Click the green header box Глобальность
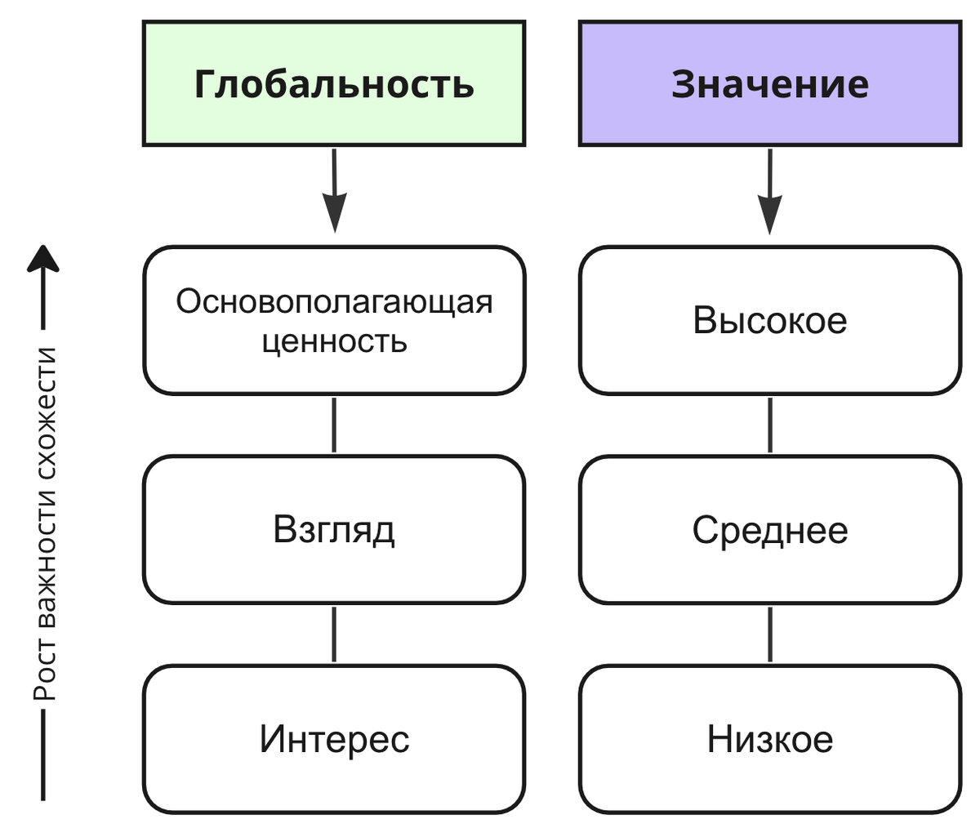(x=334, y=84)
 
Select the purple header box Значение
(x=770, y=84)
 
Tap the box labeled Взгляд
(x=334, y=529)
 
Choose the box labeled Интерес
(x=334, y=739)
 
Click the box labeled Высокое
(x=770, y=320)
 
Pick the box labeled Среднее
(x=770, y=529)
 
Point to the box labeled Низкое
(x=770, y=739)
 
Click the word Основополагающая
(x=334, y=301)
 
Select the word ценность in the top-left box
(x=334, y=341)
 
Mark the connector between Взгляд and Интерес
(x=334, y=634)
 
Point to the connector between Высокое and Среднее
(x=770, y=425)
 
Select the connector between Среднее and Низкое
(x=770, y=634)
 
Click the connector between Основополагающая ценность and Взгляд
(x=334, y=425)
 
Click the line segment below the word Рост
(x=43, y=755)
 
